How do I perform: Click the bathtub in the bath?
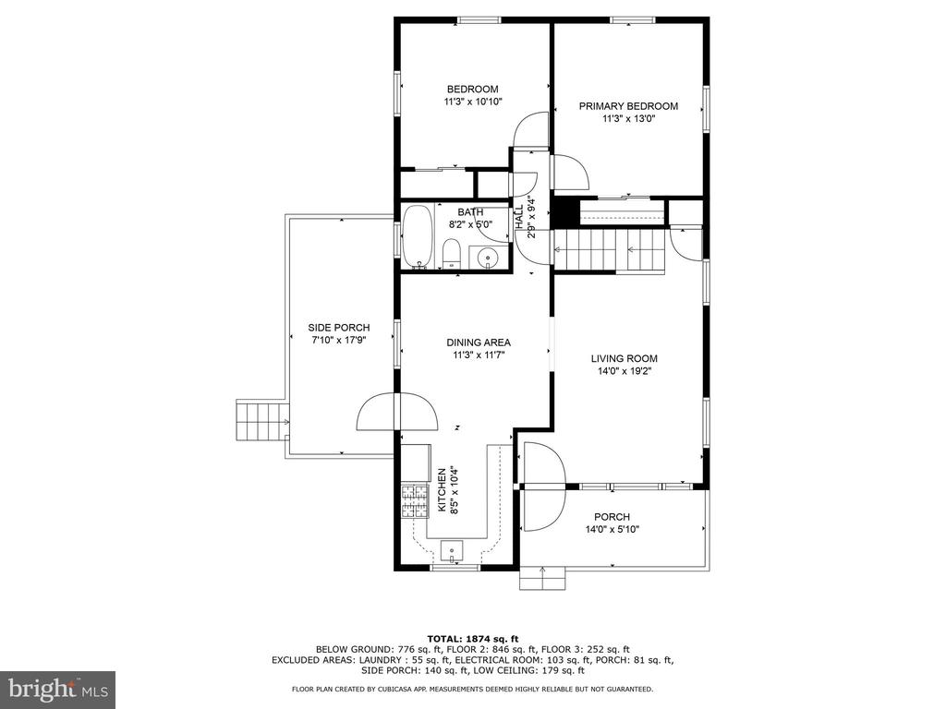(x=417, y=237)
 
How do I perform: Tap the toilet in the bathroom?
(x=451, y=253)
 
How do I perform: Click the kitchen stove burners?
(x=415, y=501)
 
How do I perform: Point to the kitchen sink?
(x=451, y=550)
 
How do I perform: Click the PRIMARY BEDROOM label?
(x=628, y=106)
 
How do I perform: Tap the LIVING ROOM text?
(x=624, y=358)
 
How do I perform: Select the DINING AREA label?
(x=479, y=342)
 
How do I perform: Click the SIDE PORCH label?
(x=338, y=328)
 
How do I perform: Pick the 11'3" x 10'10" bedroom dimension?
(x=473, y=102)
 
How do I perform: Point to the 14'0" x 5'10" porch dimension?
(x=612, y=529)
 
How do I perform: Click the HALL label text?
(x=519, y=217)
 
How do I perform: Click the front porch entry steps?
(x=543, y=578)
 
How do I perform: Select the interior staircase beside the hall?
(x=610, y=249)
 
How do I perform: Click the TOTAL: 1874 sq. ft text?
(x=473, y=639)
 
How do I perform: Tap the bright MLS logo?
(x=58, y=689)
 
